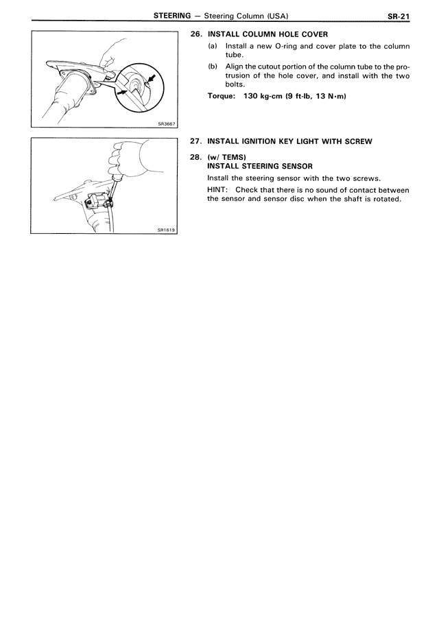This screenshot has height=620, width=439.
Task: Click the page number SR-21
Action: click(x=397, y=16)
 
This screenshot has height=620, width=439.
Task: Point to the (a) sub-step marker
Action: click(x=213, y=46)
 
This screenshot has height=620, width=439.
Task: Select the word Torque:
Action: click(x=223, y=95)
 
